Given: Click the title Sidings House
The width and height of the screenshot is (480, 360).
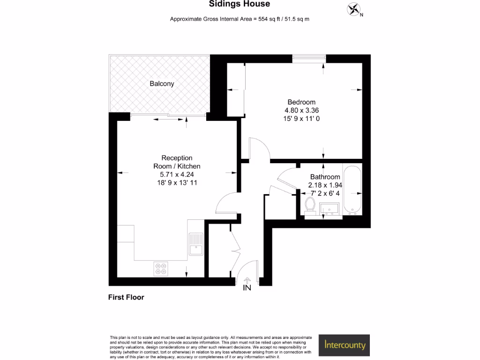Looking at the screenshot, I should click(239, 4).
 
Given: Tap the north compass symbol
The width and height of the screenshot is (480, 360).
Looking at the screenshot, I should click(354, 9).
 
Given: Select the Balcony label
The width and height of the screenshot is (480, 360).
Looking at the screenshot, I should click(162, 84).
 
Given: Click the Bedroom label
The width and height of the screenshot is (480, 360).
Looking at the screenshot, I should click(301, 102).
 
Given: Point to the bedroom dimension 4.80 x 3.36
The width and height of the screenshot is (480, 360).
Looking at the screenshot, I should click(301, 110).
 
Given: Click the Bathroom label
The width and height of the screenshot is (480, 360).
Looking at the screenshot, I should click(325, 177).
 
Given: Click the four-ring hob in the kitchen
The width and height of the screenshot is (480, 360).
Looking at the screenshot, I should click(160, 268).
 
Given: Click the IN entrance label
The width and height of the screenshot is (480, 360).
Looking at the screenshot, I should click(247, 288).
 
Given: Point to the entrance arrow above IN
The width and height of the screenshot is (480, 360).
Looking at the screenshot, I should click(247, 280).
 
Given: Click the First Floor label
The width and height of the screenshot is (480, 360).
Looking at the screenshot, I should click(126, 297).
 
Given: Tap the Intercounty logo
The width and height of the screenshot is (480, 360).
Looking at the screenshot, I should click(345, 345).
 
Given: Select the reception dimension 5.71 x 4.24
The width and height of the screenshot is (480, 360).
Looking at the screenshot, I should click(177, 174).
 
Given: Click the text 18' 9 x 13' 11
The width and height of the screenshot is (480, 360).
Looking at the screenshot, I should click(177, 183).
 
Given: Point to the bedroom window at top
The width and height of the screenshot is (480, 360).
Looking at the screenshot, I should click(308, 58).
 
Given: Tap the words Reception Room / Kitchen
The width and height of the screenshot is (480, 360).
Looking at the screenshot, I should click(177, 162).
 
